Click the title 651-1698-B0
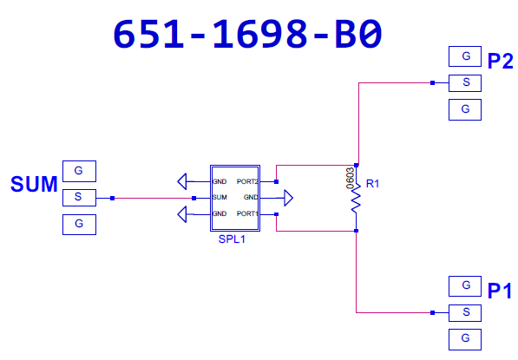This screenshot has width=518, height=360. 248,34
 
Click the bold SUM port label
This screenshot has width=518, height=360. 34,184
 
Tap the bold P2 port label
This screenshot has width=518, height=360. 500,61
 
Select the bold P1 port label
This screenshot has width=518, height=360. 500,291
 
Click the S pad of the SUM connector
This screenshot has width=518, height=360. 79,198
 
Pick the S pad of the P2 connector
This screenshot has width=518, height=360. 465,83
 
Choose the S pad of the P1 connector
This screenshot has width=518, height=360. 465,313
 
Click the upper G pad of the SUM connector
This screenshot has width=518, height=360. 79,171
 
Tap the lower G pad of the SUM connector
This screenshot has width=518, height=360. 79,225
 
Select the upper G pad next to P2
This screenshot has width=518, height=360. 465,56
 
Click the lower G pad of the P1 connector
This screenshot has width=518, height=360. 465,339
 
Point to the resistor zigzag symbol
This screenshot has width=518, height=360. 356,198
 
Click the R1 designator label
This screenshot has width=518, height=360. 372,184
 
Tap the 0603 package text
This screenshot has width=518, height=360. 350,179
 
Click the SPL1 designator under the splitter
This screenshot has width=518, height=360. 232,239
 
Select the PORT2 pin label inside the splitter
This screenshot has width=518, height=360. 247,181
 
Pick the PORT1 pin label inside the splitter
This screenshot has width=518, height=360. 247,213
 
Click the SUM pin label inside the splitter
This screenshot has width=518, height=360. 220,197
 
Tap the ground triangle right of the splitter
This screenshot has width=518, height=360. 288,198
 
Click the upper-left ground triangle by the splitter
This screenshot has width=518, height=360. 182,181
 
